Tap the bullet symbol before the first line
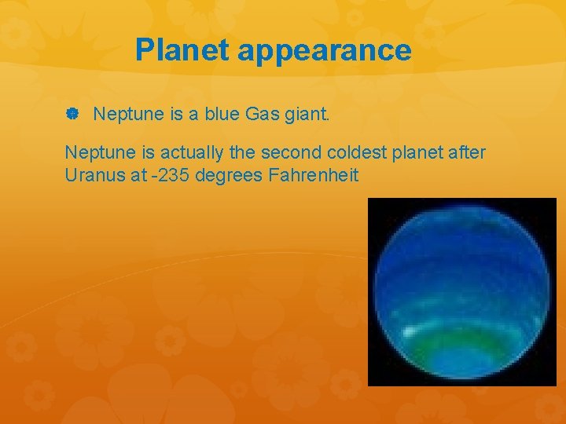[x=72, y=115]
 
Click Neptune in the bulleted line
[x=128, y=115]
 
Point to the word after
[x=468, y=152]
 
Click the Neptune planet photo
[x=461, y=291]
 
